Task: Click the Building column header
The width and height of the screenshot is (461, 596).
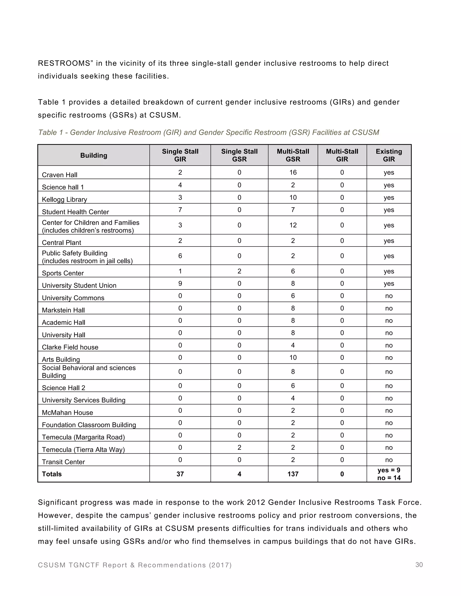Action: [94, 155]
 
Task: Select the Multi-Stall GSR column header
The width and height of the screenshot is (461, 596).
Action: [293, 155]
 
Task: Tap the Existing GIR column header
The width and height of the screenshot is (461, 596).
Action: [389, 155]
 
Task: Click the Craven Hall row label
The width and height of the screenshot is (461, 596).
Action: [59, 175]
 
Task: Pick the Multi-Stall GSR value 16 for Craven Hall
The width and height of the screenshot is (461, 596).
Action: [293, 173]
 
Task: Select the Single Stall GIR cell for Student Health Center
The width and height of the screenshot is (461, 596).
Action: [180, 210]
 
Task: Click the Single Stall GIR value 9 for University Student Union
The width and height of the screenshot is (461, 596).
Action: [180, 284]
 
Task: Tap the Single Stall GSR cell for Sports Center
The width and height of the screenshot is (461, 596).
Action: [239, 271]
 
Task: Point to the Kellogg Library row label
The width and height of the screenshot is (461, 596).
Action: [64, 199]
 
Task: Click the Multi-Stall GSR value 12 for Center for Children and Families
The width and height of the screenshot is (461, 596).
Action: [293, 225]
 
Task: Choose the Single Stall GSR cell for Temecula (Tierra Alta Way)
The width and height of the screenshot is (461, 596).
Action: [239, 448]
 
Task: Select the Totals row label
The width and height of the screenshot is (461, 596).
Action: [52, 474]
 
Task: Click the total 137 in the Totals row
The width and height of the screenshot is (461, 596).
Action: [293, 474]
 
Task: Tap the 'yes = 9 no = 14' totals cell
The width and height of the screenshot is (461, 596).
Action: [389, 474]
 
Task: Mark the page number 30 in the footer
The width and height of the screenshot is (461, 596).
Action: [419, 565]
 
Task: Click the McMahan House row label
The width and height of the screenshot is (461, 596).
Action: [68, 413]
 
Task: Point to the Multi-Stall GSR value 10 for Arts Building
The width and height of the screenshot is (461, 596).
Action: [293, 358]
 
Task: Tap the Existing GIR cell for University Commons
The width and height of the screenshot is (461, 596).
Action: [389, 296]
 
